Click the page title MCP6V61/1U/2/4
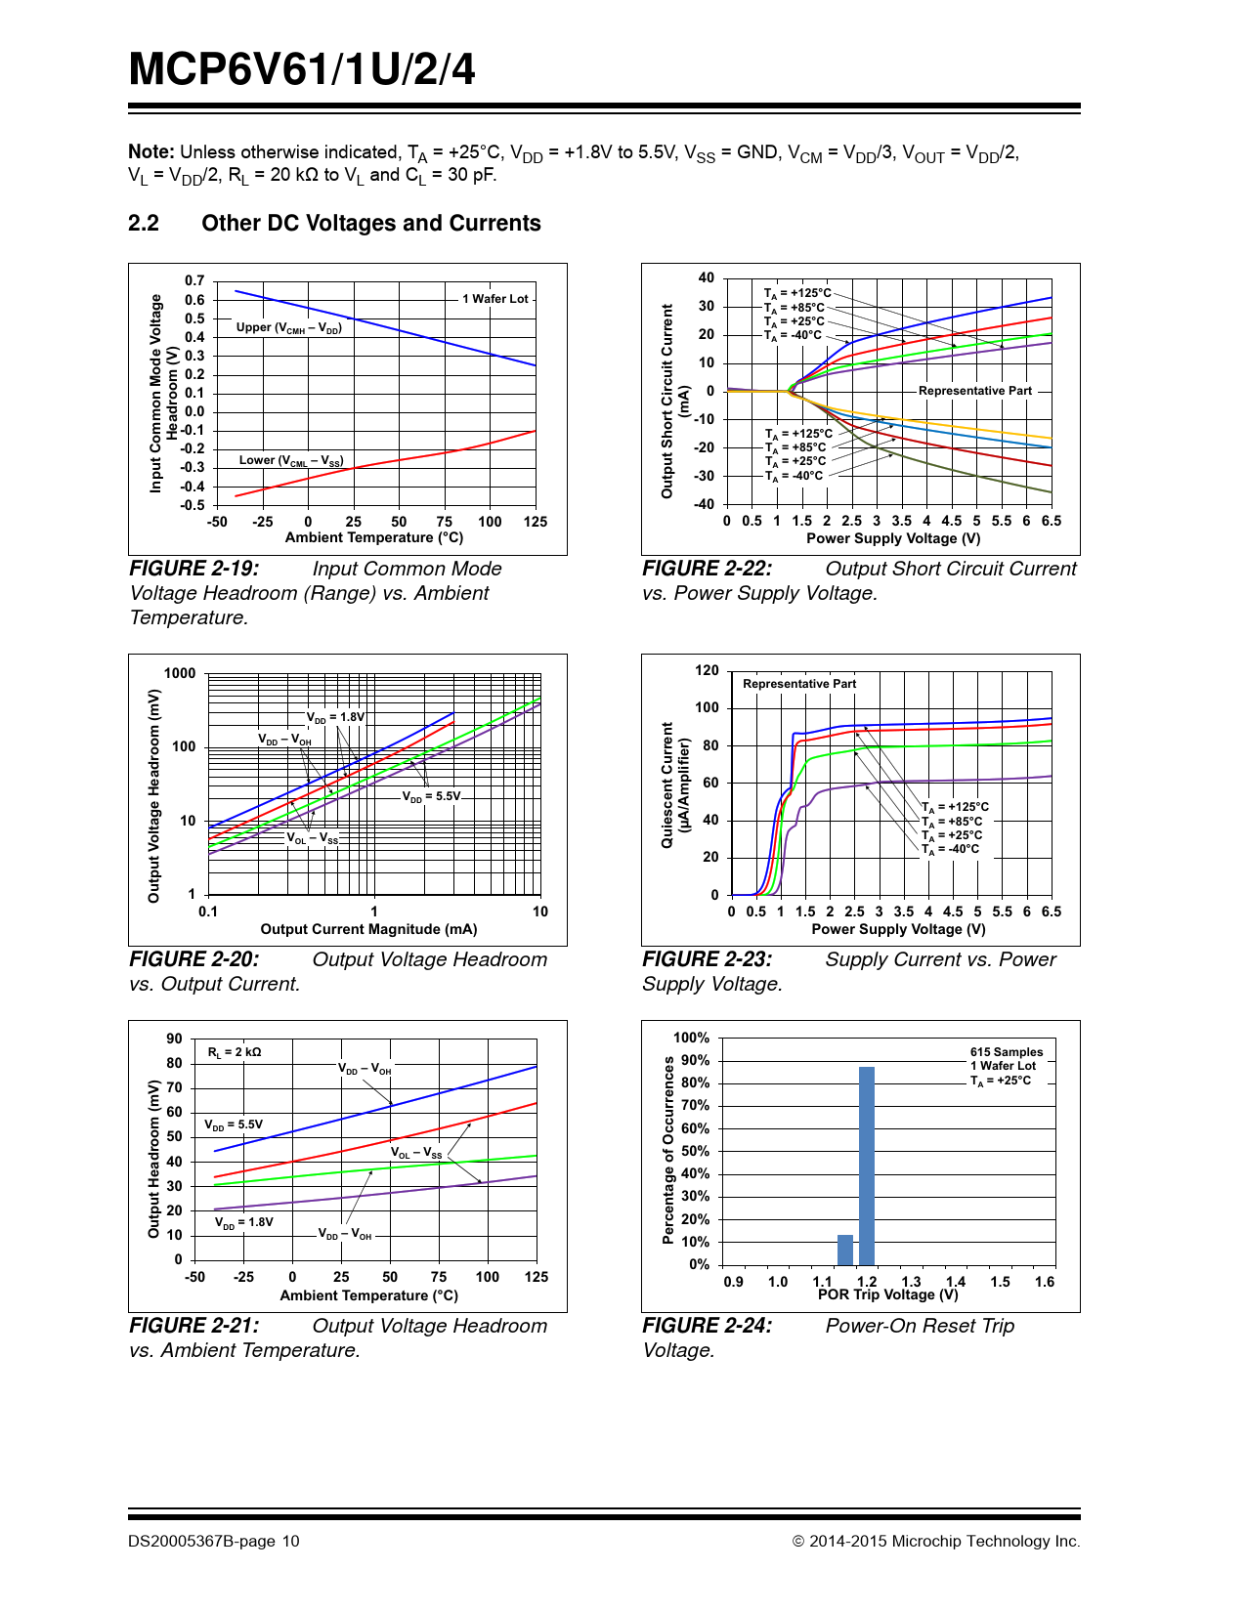(302, 69)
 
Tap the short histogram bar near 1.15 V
(845, 1250)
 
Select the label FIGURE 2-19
(194, 569)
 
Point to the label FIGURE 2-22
(707, 569)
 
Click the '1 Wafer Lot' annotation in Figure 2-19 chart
(494, 299)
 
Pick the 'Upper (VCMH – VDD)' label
(288, 327)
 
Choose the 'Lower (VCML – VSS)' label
(291, 460)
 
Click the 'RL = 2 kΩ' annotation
(235, 1052)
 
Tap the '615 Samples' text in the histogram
(1006, 1052)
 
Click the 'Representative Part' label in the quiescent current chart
(798, 684)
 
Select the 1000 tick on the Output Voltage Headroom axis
(180, 673)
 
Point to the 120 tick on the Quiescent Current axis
(707, 670)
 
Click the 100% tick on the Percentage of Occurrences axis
(691, 1038)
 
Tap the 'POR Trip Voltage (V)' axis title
(887, 1294)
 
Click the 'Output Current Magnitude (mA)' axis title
(368, 929)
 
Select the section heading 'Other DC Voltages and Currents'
(370, 223)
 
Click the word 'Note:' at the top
(151, 151)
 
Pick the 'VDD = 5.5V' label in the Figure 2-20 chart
(431, 796)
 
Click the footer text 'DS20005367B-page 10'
(213, 1542)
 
